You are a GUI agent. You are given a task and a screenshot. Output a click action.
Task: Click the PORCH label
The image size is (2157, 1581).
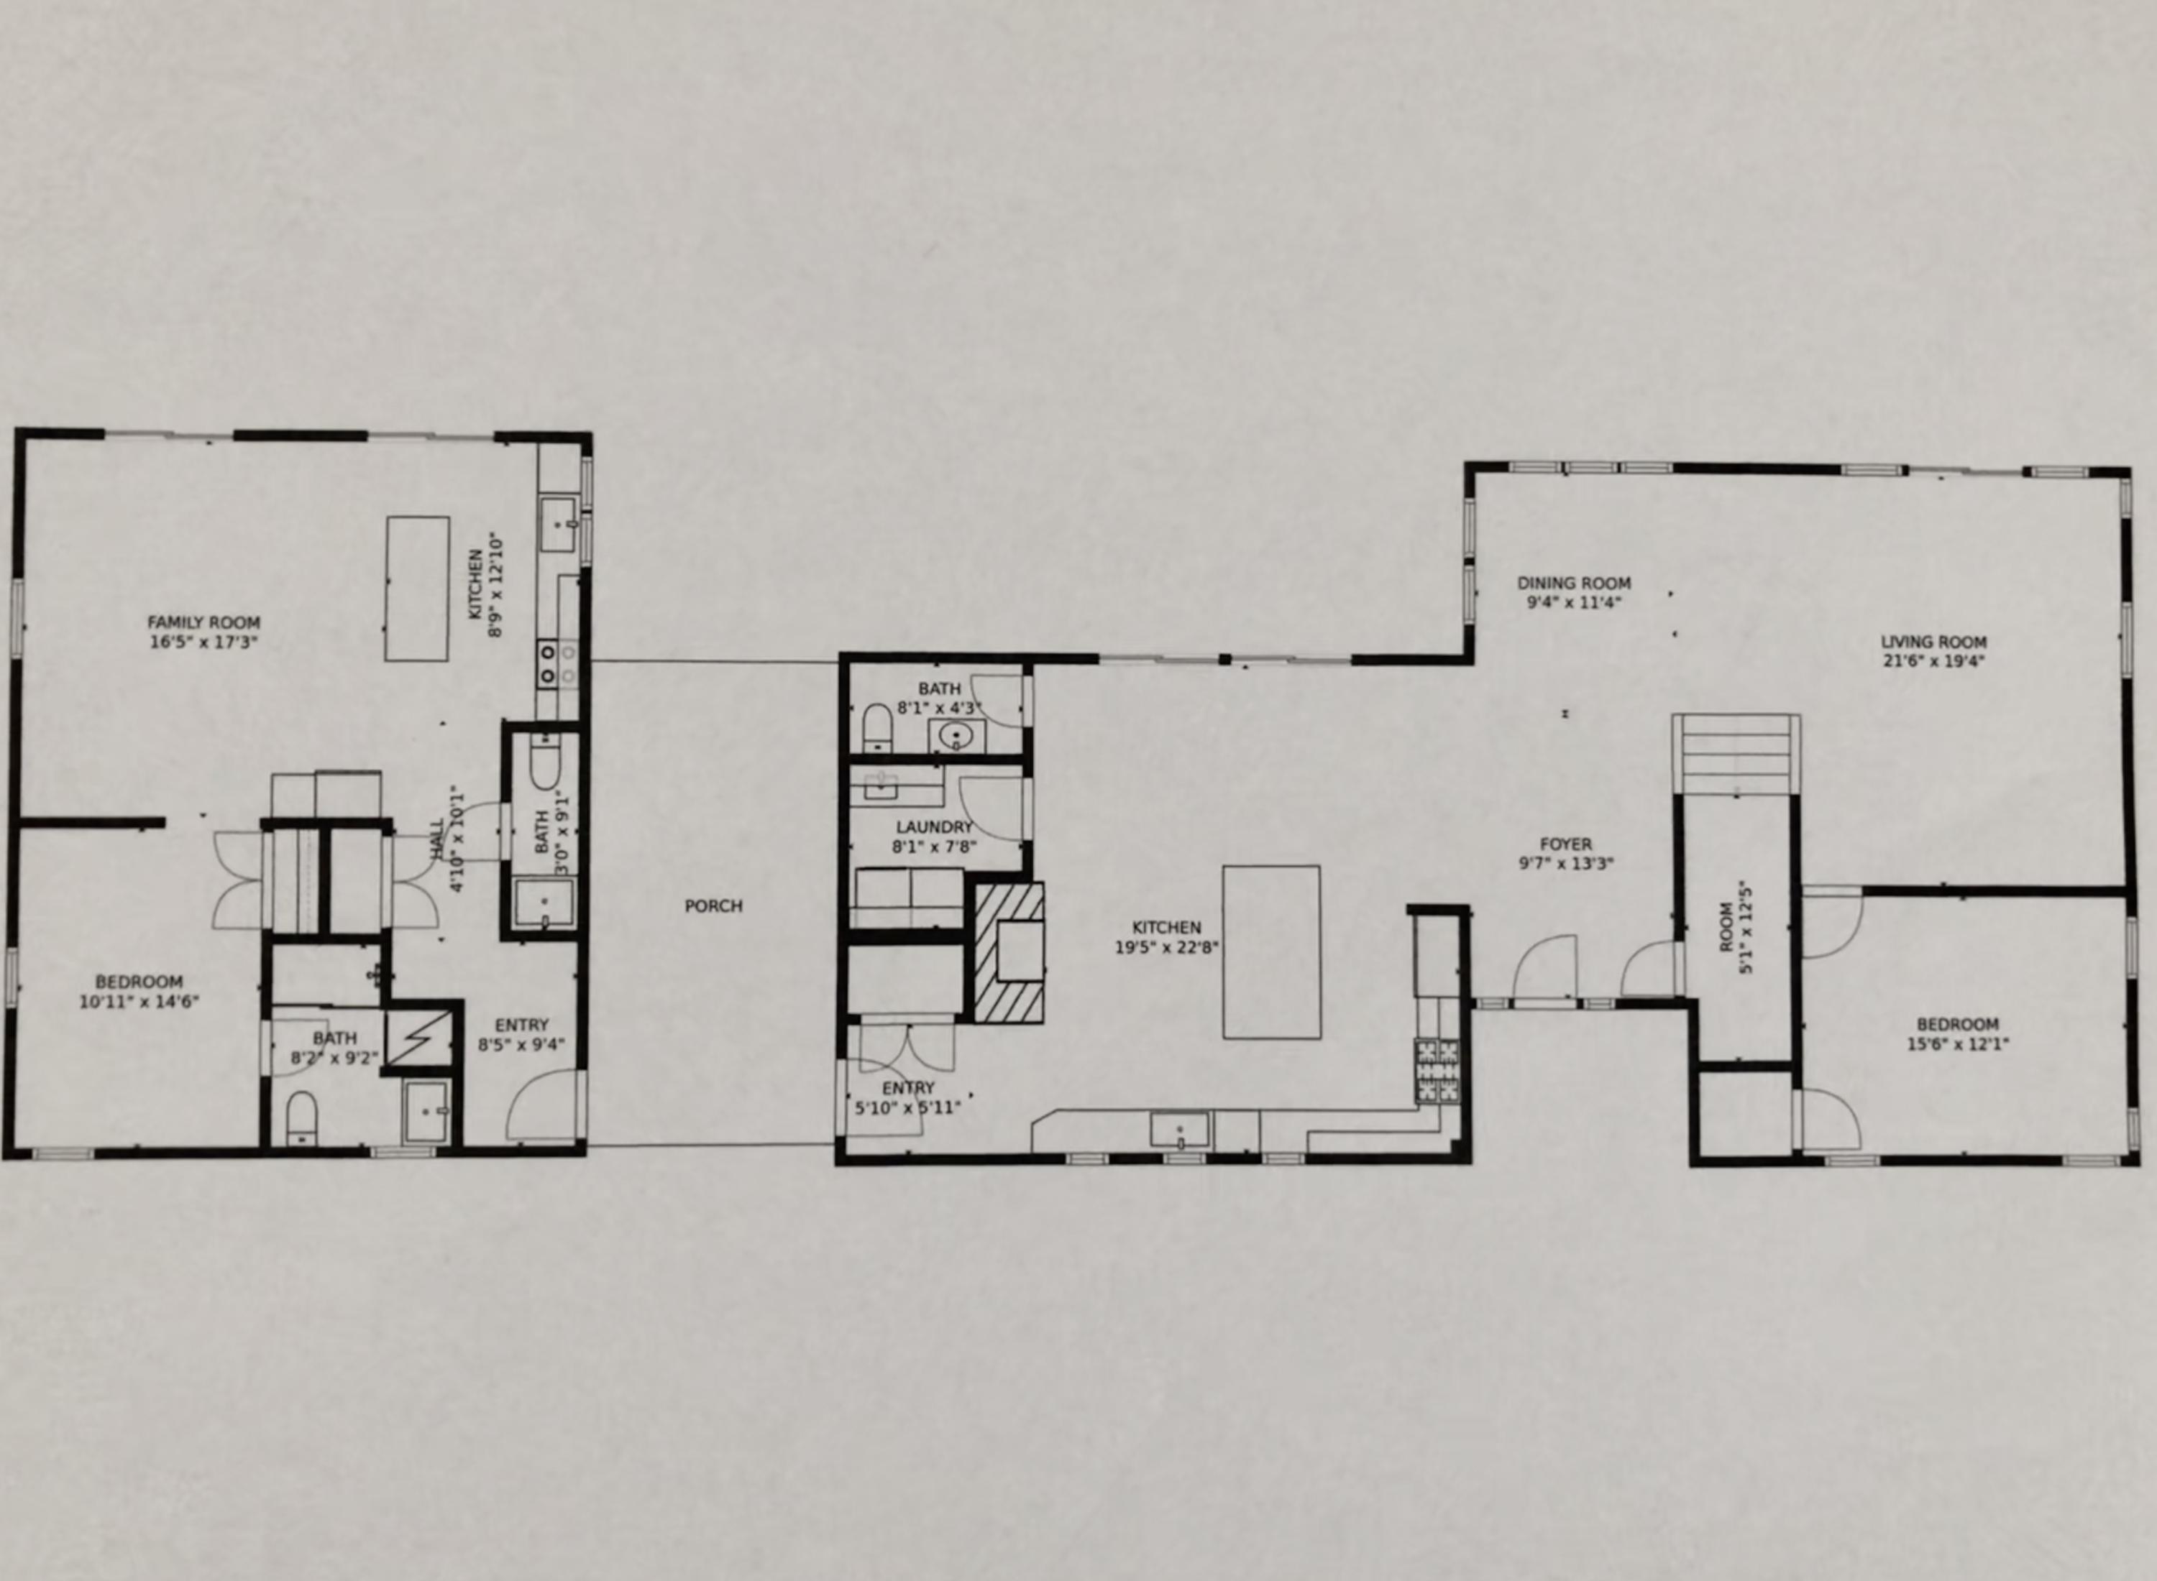point(713,905)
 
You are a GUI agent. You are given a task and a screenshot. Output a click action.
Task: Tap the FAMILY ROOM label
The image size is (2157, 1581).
point(203,622)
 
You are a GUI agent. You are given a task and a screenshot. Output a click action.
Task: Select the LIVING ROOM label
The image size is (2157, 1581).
point(1933,642)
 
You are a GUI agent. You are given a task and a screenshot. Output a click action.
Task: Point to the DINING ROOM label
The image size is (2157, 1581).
point(1573,583)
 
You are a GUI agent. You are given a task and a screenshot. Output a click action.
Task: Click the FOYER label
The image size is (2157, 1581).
point(1565,844)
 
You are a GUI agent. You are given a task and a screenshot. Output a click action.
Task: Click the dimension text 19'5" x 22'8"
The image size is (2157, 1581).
point(1166,947)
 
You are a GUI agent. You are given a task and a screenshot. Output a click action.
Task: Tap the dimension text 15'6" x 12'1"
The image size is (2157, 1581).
point(1957,1044)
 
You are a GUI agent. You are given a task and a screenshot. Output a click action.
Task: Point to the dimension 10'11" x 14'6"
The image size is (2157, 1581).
point(139,1002)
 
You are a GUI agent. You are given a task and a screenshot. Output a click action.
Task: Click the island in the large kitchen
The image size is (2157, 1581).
point(1270,952)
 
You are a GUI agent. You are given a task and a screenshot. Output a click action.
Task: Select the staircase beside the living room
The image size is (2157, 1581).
point(1735,753)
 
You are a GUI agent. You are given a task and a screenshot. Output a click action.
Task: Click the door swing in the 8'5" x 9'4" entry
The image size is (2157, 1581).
point(542,1105)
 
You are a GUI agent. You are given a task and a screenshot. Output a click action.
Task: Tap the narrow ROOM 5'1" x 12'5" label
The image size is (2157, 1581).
point(1735,938)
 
